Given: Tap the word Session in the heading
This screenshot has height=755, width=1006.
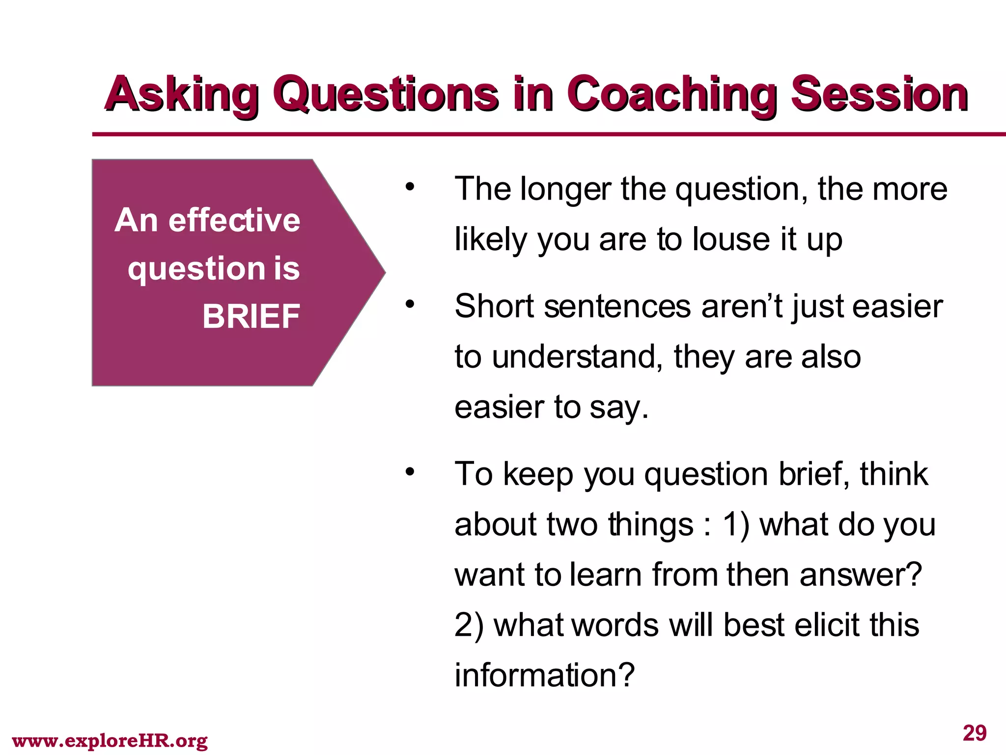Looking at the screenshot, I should pyautogui.click(x=879, y=94).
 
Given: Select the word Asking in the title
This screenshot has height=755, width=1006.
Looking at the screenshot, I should pyautogui.click(x=182, y=94).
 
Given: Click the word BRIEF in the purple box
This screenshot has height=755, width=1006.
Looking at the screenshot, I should pyautogui.click(x=251, y=316).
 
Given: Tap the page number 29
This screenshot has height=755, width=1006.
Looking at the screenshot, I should pyautogui.click(x=975, y=733).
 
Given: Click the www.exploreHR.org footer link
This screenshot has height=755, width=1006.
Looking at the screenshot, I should pyautogui.click(x=110, y=740).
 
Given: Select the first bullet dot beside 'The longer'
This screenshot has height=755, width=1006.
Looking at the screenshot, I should pyautogui.click(x=410, y=187).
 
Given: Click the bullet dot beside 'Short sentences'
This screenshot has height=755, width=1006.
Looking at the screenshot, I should pyautogui.click(x=410, y=305).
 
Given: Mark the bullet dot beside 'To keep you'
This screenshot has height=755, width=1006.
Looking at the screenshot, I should pyautogui.click(x=410, y=472).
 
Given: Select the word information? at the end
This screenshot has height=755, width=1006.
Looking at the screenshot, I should pyautogui.click(x=545, y=675).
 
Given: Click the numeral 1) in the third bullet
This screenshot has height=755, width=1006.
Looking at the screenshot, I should pyautogui.click(x=736, y=524).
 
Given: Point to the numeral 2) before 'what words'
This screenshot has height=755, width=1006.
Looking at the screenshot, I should pyautogui.click(x=469, y=625).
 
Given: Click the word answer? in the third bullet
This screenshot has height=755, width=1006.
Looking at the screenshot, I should pyautogui.click(x=861, y=575).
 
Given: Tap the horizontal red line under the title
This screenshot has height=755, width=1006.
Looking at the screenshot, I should pyautogui.click(x=540, y=134).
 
